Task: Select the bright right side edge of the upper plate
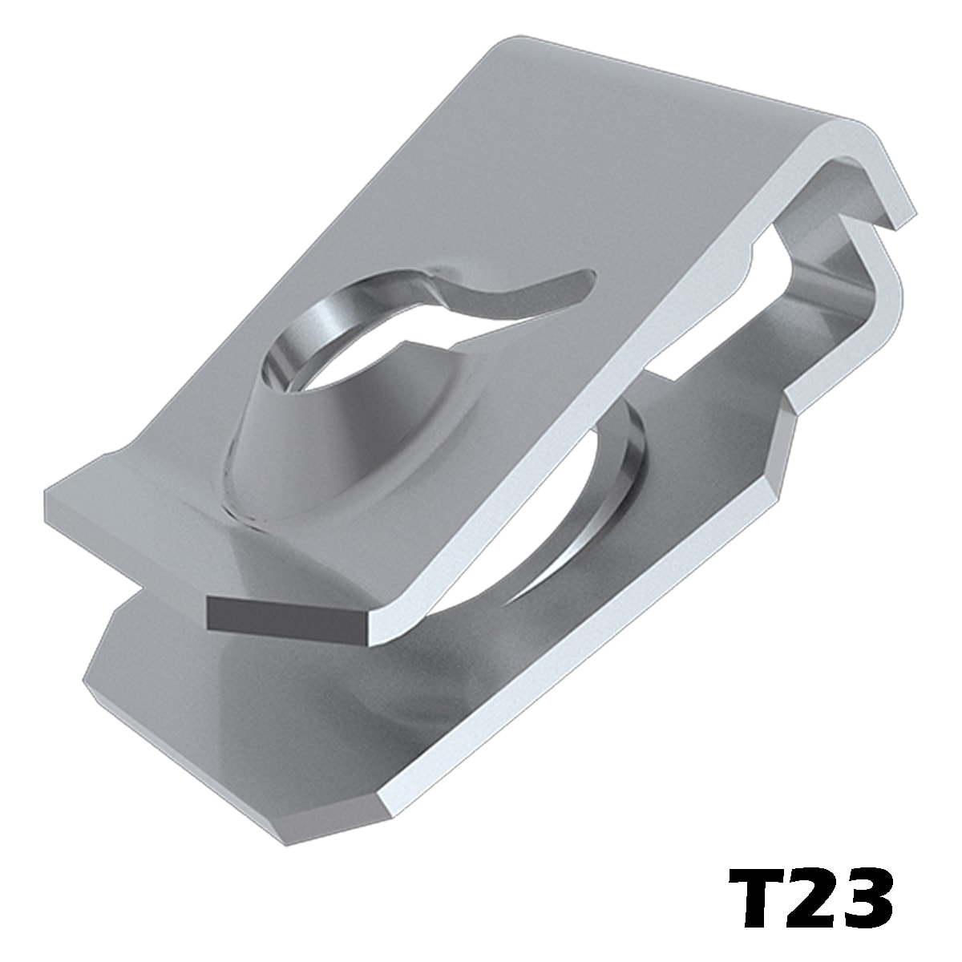574,430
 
